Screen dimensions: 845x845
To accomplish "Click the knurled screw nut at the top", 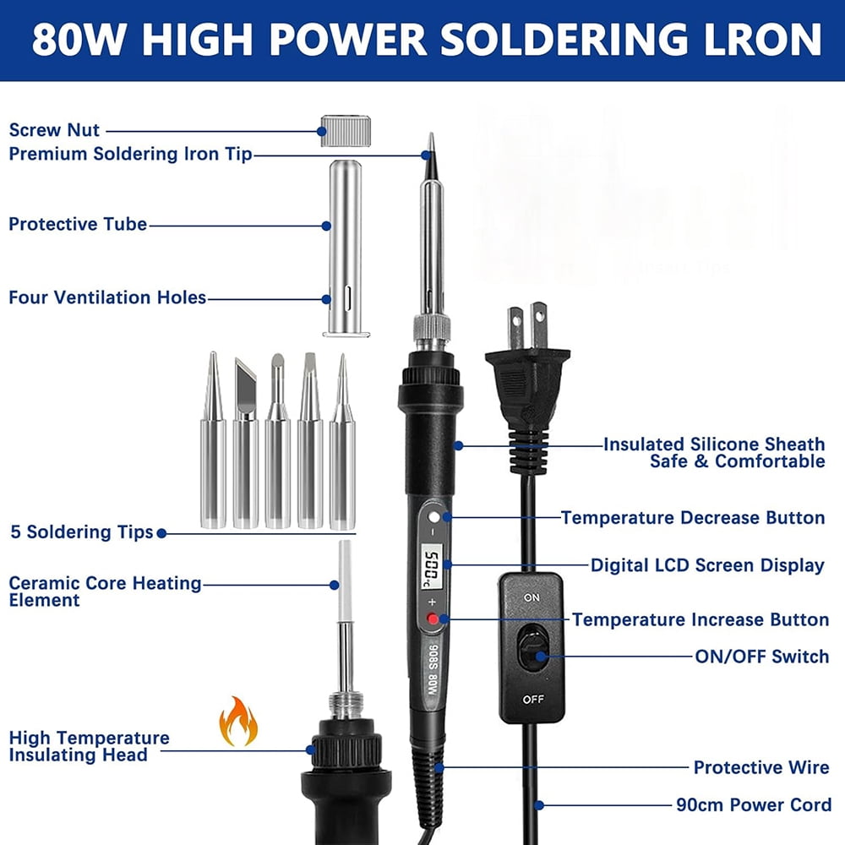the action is click(346, 131).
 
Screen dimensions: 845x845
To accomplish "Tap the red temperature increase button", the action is click(433, 619).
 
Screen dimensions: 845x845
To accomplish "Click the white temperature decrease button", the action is click(433, 517).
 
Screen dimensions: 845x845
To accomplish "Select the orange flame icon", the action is click(237, 721).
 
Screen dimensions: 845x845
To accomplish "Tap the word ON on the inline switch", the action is click(532, 597).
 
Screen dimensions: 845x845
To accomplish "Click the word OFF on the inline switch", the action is click(533, 699).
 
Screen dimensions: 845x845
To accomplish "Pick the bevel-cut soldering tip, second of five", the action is click(245, 443).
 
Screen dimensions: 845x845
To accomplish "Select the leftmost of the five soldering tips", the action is click(213, 439).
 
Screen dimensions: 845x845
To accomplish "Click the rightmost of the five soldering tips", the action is click(342, 441).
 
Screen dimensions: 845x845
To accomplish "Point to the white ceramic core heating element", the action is click(345, 581).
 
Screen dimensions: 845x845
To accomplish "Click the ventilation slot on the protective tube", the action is click(348, 298).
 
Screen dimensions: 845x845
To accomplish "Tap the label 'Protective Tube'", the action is click(78, 224).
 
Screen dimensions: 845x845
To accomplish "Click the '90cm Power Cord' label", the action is click(754, 804).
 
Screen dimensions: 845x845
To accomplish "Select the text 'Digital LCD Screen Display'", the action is click(707, 565).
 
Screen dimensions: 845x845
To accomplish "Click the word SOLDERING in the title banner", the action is click(564, 40).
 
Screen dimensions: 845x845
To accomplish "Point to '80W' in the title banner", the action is click(79, 40).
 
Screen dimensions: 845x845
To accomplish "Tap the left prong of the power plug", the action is click(515, 329).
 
